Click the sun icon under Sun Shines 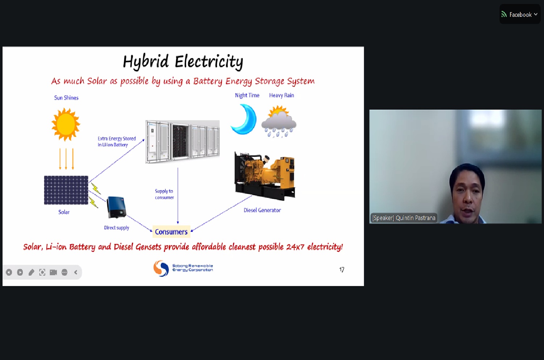[66, 124]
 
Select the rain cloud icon [279, 121]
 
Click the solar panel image [66, 190]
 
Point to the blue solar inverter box [116, 207]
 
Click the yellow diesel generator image [265, 175]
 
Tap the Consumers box [171, 232]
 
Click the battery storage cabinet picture [182, 142]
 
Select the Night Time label [247, 95]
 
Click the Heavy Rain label [281, 95]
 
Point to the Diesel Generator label [262, 210]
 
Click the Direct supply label [116, 228]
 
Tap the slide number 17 [342, 269]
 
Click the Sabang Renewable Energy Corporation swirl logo [161, 268]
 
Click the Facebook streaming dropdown [520, 15]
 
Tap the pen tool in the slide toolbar [31, 272]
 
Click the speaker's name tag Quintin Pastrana [404, 218]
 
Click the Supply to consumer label [164, 194]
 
